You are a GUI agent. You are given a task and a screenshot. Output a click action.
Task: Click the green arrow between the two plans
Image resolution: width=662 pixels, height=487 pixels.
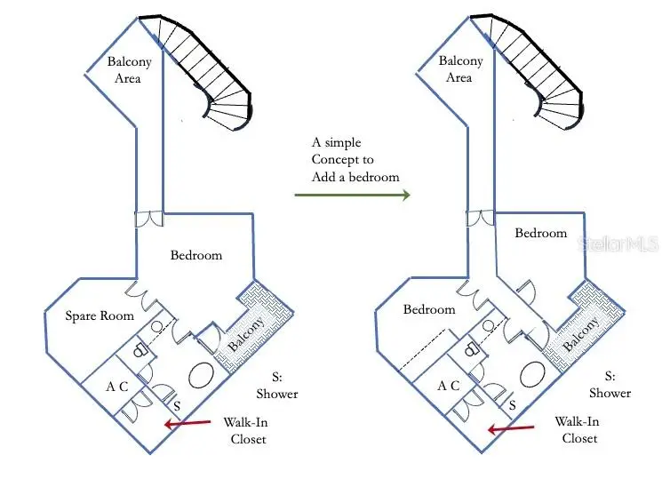[352, 195]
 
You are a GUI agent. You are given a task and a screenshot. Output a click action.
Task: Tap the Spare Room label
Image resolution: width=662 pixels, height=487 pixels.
[100, 315]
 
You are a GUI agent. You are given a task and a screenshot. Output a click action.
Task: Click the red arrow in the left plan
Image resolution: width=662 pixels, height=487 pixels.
[187, 423]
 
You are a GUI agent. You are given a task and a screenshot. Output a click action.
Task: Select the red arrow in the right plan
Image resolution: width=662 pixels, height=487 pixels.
[511, 428]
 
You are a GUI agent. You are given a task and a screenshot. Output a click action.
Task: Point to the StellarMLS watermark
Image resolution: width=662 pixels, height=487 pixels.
[618, 244]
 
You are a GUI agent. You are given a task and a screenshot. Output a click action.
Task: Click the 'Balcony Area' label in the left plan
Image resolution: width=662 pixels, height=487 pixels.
[129, 69]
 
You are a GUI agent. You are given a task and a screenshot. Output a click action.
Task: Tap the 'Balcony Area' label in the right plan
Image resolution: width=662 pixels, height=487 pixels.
[460, 68]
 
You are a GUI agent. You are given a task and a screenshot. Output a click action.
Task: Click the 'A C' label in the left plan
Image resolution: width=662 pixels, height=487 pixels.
[117, 386]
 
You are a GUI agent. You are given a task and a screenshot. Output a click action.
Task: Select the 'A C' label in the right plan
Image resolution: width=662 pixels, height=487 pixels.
[449, 385]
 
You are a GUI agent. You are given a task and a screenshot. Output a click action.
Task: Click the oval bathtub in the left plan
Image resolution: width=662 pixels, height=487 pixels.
[201, 375]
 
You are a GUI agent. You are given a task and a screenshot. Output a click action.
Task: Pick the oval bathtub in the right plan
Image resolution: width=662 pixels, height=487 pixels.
[532, 374]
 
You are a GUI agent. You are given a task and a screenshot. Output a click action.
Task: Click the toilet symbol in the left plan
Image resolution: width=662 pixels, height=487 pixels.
[140, 350]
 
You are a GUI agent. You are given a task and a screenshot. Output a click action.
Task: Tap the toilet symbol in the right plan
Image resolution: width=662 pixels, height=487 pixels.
[471, 349]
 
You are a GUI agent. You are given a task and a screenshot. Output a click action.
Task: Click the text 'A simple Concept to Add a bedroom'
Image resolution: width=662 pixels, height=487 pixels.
[355, 160]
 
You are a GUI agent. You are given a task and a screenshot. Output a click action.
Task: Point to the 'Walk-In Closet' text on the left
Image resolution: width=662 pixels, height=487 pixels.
[246, 430]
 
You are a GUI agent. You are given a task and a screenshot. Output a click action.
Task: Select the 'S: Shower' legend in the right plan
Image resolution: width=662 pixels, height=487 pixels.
[610, 385]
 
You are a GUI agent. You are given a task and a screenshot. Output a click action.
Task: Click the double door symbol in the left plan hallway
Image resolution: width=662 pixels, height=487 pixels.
[148, 219]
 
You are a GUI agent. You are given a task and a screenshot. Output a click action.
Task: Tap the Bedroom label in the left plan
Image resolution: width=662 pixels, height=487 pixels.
[196, 255]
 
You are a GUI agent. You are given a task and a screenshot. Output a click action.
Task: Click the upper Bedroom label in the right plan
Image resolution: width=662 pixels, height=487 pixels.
[541, 233]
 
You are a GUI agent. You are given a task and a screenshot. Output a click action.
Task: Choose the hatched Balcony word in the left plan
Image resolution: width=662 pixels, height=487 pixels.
[247, 334]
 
